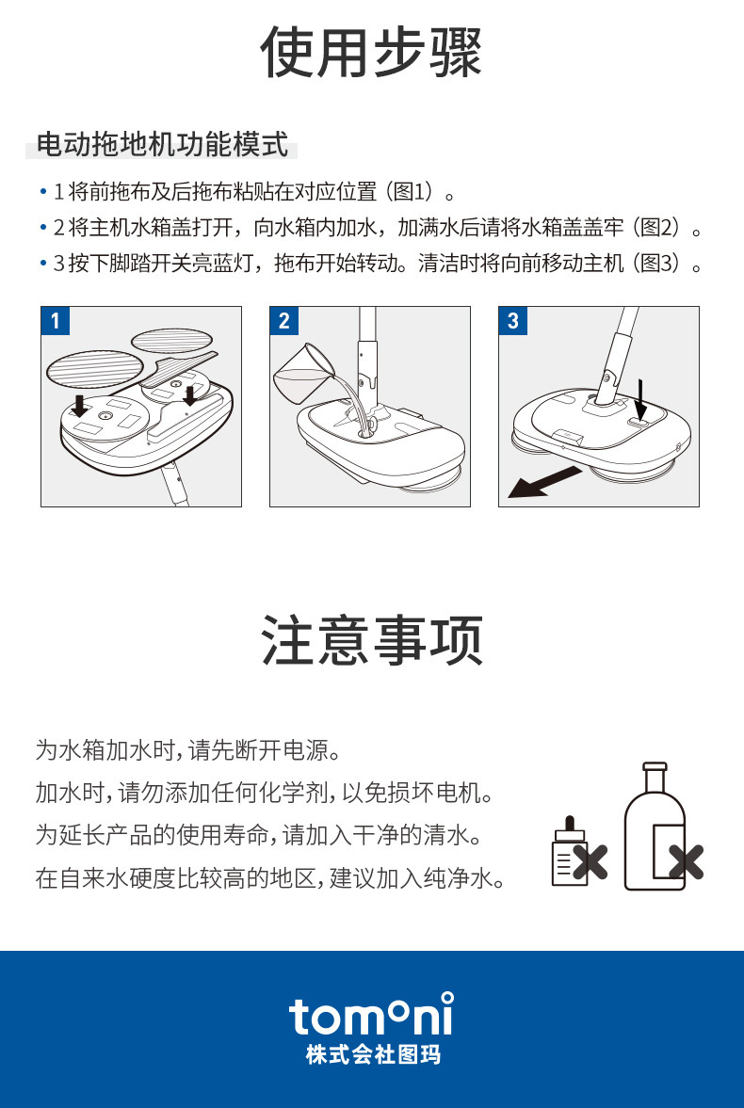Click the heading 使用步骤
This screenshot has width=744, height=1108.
tap(371, 53)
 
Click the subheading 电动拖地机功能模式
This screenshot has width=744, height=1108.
tap(163, 145)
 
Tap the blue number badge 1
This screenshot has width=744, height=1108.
tap(56, 321)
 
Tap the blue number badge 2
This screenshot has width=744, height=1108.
tap(284, 321)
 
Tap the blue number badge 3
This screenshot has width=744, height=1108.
tap(512, 321)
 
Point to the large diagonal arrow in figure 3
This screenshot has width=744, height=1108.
tap(544, 483)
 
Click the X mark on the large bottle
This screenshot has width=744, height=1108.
tap(686, 861)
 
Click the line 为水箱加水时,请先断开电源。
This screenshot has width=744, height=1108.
tap(189, 749)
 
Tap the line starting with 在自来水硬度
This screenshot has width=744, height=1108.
tap(271, 878)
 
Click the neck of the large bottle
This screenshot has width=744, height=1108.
tap(655, 778)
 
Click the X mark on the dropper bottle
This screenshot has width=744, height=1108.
tap(590, 862)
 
